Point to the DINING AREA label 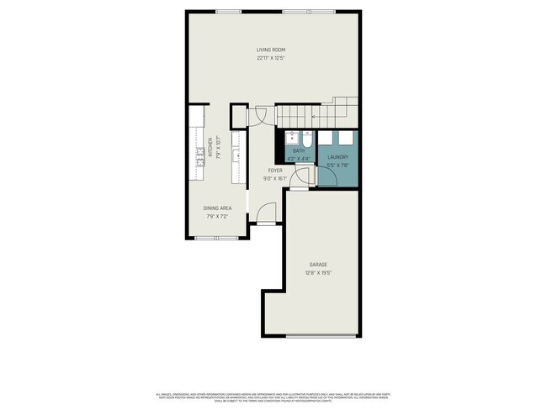pos(217,208)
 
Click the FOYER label pos(275,170)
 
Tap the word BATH pos(299,150)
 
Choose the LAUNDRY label pos(337,157)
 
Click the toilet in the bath pos(307,137)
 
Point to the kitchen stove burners pos(201,152)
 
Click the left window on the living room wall pos(227,11)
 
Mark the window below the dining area pos(216,238)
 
